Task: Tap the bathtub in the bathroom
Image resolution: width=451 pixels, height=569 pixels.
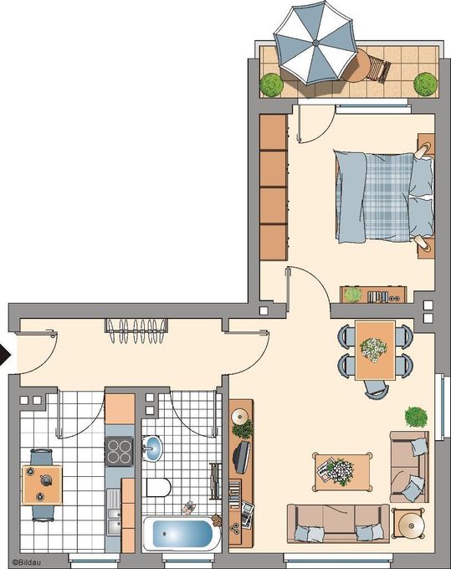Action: tap(182, 534)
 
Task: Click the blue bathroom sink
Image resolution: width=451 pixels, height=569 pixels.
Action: tap(153, 449)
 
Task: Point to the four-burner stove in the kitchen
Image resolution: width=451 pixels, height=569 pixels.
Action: tap(119, 452)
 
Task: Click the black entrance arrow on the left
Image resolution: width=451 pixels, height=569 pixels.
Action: tap(4, 356)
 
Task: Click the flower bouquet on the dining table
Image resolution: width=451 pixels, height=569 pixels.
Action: tap(373, 346)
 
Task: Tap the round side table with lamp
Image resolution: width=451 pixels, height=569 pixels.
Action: tap(411, 525)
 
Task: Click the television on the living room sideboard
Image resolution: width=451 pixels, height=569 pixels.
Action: tap(243, 457)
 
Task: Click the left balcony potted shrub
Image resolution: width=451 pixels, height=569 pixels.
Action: tap(270, 84)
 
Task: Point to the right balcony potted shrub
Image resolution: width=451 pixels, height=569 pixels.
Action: tap(426, 83)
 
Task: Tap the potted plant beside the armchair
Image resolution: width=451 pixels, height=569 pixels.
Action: tap(415, 415)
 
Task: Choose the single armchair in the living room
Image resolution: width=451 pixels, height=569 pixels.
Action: tap(408, 468)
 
